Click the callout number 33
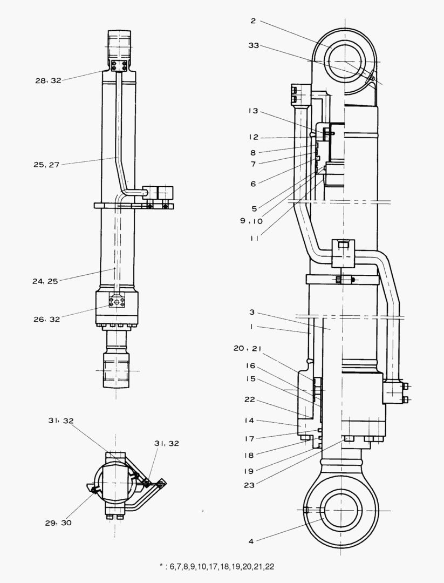point(254,45)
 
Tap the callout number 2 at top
point(253,21)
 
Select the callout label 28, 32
point(49,80)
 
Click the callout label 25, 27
point(46,165)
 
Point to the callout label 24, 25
point(45,281)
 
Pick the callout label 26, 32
point(47,319)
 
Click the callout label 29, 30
point(58,523)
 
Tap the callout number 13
point(254,111)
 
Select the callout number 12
point(254,137)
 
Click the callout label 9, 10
point(251,221)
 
